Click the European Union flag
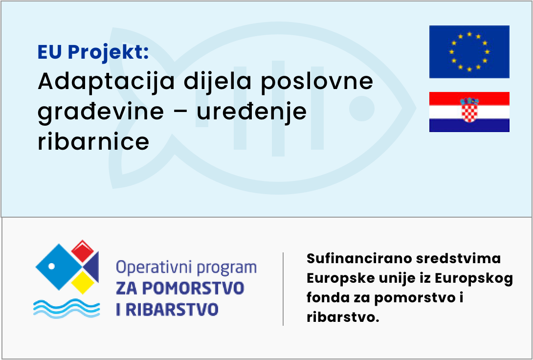click(x=469, y=52)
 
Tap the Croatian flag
click(x=469, y=112)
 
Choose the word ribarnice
click(x=93, y=141)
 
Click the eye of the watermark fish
click(x=362, y=109)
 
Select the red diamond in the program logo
click(x=83, y=251)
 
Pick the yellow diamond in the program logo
click(x=82, y=282)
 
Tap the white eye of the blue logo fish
click(x=52, y=266)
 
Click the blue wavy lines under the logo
click(x=67, y=308)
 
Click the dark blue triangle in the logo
click(x=92, y=267)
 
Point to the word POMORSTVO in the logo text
click(x=193, y=288)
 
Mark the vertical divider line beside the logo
click(x=283, y=289)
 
